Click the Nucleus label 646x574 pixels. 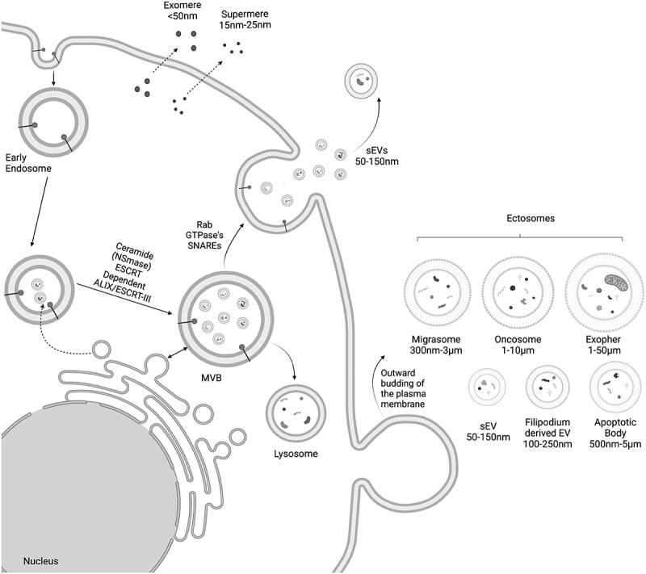tap(41, 561)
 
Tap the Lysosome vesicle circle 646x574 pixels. tap(296, 413)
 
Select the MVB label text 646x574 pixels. tap(212, 377)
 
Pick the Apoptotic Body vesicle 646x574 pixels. tap(615, 387)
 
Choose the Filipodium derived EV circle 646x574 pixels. tap(547, 387)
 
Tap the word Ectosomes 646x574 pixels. tap(531, 218)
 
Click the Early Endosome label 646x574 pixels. tap(28, 163)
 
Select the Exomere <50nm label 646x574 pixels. tap(182, 11)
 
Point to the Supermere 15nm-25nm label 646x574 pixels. tap(245, 19)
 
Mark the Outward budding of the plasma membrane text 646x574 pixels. tap(402, 388)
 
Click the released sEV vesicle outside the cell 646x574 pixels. tap(361, 81)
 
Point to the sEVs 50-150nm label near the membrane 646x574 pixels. tap(376, 156)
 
